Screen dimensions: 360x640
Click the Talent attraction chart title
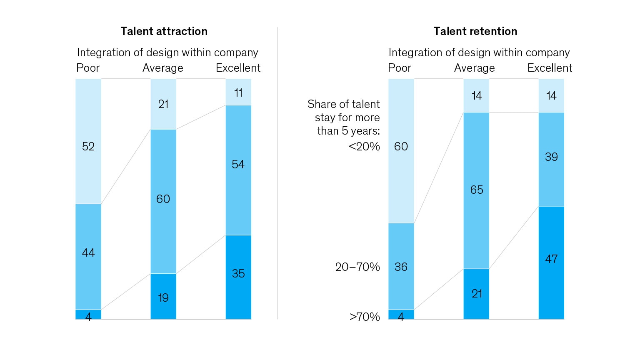click(164, 31)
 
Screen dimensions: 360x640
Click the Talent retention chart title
click(475, 31)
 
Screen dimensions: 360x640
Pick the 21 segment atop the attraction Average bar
click(163, 104)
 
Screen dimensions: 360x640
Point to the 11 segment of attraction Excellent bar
click(238, 92)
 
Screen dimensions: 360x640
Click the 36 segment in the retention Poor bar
click(401, 266)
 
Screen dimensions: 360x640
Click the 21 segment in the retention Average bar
click(476, 294)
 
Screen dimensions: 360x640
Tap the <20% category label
click(364, 147)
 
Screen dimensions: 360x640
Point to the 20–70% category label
click(357, 267)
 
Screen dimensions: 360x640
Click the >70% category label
click(364, 317)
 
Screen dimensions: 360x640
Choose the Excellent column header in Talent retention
click(550, 68)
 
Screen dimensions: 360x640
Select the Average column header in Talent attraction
click(163, 68)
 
